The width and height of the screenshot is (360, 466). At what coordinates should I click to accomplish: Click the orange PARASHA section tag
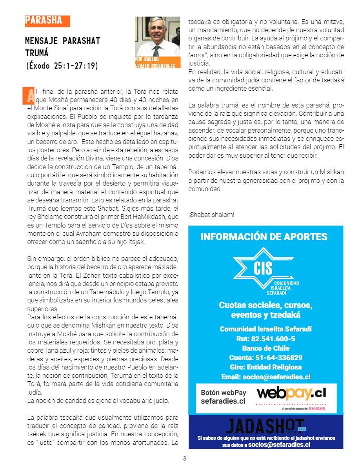pyautogui.click(x=47, y=21)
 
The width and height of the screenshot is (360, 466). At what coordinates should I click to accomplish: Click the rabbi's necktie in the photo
pyautogui.click(x=156, y=51)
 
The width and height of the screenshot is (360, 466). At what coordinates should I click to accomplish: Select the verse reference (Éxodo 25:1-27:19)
pyautogui.click(x=61, y=66)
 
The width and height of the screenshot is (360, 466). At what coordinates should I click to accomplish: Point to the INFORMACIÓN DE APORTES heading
pyautogui.click(x=264, y=237)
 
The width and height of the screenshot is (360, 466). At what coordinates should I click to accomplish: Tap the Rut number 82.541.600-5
pyautogui.click(x=266, y=339)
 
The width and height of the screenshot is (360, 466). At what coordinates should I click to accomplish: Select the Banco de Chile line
pyautogui.click(x=266, y=348)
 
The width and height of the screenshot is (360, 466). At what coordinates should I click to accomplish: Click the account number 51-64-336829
pyautogui.click(x=266, y=357)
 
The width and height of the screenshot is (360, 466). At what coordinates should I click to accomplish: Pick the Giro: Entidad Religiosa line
pyautogui.click(x=266, y=367)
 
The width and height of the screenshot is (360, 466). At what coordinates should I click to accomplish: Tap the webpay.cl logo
pyautogui.click(x=291, y=393)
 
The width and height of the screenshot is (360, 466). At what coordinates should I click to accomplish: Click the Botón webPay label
pyautogui.click(x=224, y=393)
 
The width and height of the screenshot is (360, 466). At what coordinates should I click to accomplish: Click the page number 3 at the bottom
pyautogui.click(x=184, y=459)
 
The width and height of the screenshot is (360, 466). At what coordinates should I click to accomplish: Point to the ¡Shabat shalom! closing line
pyautogui.click(x=211, y=215)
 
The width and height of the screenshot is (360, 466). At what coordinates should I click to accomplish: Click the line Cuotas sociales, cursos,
pyautogui.click(x=266, y=305)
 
